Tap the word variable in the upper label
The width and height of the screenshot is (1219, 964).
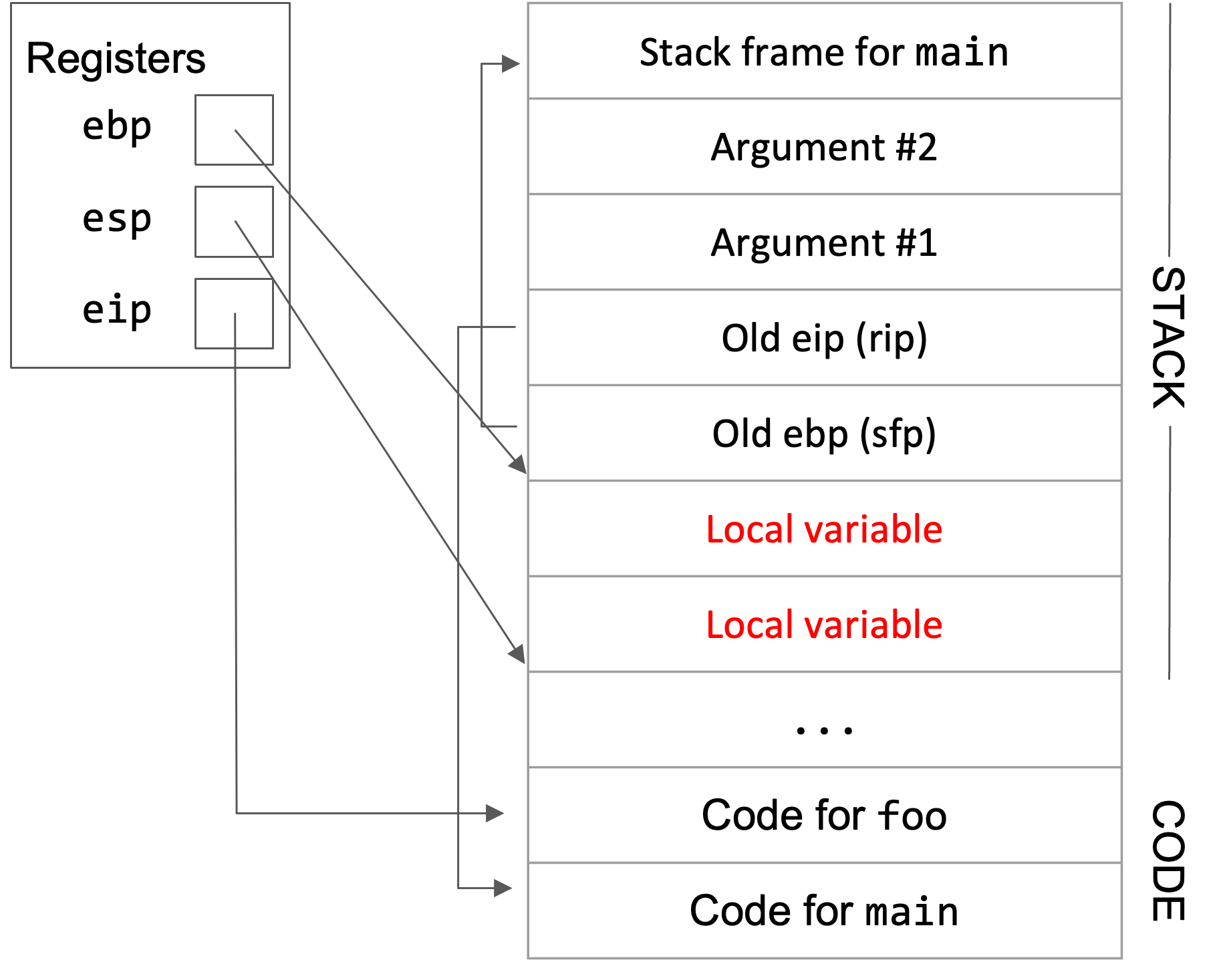(873, 530)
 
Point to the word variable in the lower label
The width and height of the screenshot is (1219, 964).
(873, 625)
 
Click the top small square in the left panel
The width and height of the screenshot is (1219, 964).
(234, 130)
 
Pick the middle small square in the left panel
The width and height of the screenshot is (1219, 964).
(234, 222)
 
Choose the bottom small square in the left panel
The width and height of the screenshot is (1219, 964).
(234, 313)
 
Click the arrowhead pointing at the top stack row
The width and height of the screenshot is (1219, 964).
(511, 64)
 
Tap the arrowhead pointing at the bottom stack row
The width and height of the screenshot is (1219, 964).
(504, 888)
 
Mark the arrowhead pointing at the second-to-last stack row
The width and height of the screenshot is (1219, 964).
(495, 813)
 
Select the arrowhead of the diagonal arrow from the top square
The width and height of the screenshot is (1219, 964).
(519, 464)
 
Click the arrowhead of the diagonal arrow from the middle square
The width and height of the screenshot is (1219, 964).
(518, 655)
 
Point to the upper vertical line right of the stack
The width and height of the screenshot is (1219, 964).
(1170, 130)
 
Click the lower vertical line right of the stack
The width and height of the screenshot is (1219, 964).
(1170, 553)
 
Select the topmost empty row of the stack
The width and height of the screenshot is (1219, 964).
(824, 51)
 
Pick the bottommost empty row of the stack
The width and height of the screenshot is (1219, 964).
(824, 911)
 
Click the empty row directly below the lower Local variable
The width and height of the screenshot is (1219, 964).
(824, 719)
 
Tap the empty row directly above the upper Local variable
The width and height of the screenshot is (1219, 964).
(824, 433)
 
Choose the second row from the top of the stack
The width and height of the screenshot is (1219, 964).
(824, 146)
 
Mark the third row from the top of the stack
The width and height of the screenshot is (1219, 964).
(824, 242)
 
